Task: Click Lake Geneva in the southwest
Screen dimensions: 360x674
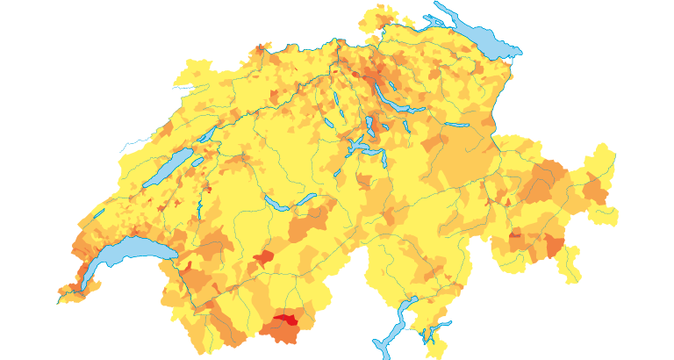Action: [x=123, y=255]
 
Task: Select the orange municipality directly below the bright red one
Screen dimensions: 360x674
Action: [x=283, y=334]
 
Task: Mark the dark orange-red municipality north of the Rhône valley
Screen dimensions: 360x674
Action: [x=264, y=258]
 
